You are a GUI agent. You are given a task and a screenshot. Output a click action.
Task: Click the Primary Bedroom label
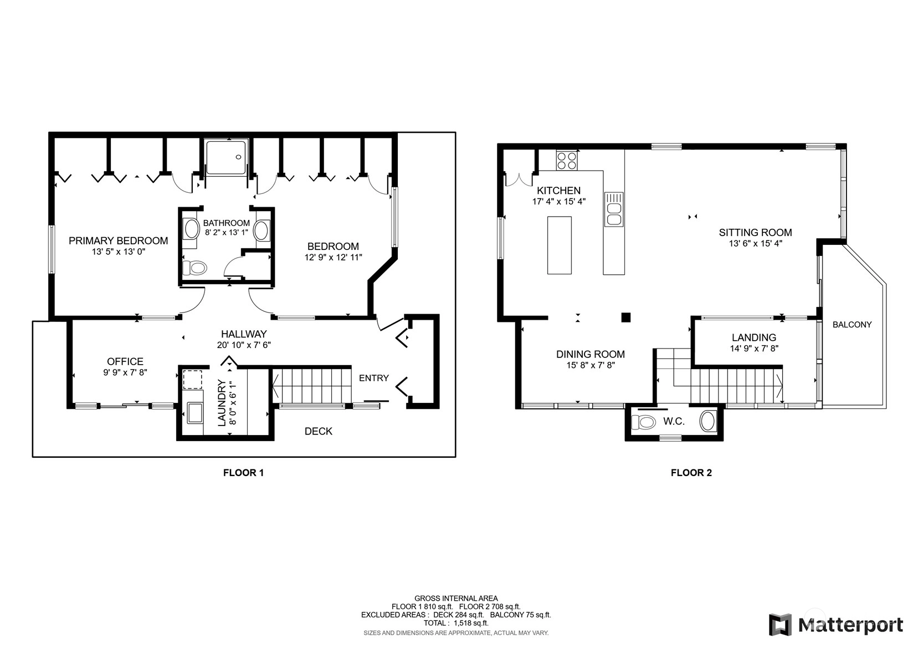click(x=118, y=240)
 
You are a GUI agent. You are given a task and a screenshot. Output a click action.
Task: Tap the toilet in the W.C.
click(x=643, y=422)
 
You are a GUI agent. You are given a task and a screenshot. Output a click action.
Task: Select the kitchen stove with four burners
click(x=567, y=160)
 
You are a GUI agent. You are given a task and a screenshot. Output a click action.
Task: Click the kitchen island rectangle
click(x=559, y=245)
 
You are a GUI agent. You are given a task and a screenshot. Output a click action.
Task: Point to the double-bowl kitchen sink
click(x=613, y=209)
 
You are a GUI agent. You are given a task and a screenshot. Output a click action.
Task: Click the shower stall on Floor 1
click(x=226, y=157)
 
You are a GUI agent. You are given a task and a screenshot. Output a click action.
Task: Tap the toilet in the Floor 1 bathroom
click(x=194, y=268)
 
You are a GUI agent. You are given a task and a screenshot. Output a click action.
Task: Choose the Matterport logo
click(x=836, y=624)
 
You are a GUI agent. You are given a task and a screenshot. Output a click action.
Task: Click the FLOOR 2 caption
click(x=691, y=473)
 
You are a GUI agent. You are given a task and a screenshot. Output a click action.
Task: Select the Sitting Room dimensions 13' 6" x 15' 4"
click(x=756, y=243)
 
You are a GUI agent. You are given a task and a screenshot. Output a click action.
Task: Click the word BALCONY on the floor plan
click(x=852, y=325)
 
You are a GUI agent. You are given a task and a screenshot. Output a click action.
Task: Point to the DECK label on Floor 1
click(x=319, y=431)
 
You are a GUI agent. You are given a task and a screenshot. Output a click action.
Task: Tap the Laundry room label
click(x=222, y=403)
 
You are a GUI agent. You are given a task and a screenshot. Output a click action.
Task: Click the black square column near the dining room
click(x=625, y=317)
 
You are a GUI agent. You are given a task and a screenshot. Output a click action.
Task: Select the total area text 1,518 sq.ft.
click(x=471, y=623)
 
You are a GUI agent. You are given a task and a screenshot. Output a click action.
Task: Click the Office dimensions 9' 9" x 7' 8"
click(x=125, y=372)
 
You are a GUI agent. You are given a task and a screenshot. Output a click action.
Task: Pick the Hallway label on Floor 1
click(x=244, y=334)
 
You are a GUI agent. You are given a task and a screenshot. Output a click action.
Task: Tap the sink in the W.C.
click(x=708, y=421)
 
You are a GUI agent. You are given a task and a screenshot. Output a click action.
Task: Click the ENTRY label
click(x=374, y=378)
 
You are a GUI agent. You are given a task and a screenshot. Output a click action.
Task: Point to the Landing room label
click(x=754, y=337)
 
